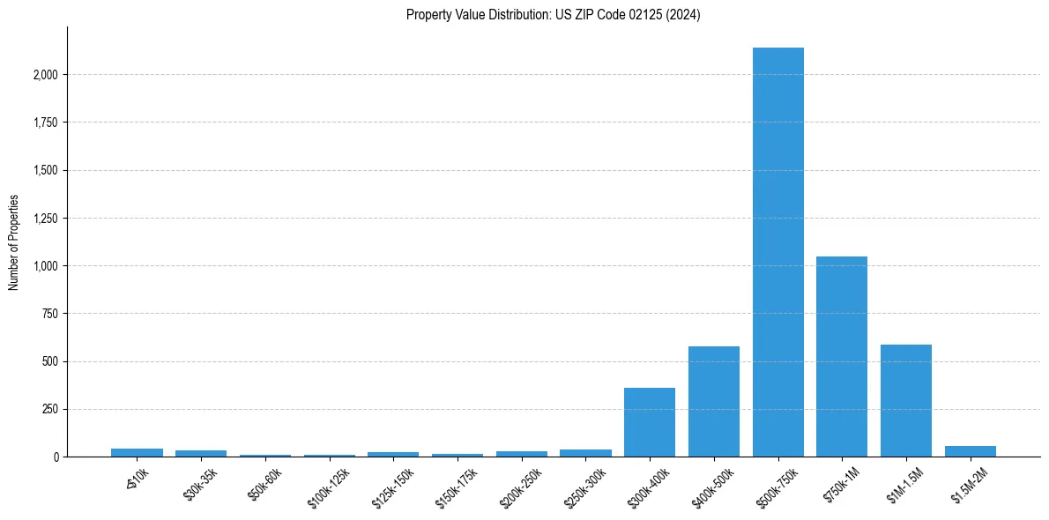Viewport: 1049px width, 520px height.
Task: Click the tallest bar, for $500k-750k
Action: coord(777,252)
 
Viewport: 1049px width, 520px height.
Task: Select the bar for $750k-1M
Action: coord(842,356)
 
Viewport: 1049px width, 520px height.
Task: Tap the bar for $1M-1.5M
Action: coord(906,400)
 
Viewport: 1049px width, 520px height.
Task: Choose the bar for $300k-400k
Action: coord(650,422)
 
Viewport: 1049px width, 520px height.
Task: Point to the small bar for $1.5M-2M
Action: coord(970,451)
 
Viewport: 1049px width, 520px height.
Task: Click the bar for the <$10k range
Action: coord(137,453)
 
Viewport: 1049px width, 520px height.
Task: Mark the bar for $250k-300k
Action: coord(585,453)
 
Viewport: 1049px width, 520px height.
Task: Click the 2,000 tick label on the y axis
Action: coord(45,75)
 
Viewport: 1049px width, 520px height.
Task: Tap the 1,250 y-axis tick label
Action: coord(45,219)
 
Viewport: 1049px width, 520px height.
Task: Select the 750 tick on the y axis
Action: coord(50,314)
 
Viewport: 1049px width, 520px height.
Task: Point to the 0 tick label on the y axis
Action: coord(56,457)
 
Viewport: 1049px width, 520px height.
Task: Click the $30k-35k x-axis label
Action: coord(200,486)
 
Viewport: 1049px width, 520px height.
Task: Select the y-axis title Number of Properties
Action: coord(13,242)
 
